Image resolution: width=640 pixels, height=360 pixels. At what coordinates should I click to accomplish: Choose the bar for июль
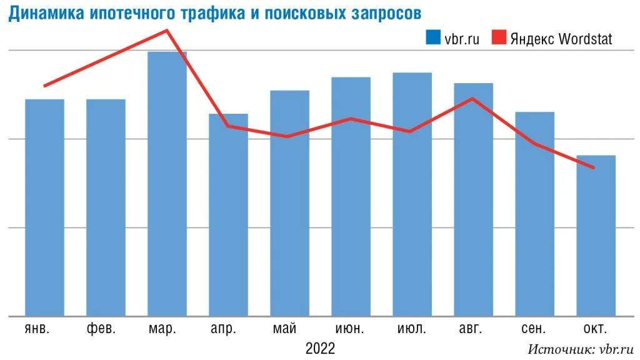412,194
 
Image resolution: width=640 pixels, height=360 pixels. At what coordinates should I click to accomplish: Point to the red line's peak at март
167,30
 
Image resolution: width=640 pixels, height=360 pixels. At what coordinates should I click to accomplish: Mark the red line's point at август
473,98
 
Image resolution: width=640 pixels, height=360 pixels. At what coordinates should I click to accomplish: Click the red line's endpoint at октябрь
594,167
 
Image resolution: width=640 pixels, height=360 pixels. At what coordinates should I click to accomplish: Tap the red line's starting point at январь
44,86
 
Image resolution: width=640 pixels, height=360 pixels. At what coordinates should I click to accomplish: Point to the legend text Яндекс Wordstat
561,38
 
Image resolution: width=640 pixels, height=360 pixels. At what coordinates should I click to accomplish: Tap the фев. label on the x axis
106,329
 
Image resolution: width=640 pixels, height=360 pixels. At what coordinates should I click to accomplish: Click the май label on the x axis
289,329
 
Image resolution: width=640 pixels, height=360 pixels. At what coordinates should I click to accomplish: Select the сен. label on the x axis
534,329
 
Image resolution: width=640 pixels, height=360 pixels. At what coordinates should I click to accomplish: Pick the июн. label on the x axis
351,329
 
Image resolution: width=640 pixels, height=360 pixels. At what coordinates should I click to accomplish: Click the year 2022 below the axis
320,347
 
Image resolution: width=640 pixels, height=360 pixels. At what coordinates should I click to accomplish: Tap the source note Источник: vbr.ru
581,349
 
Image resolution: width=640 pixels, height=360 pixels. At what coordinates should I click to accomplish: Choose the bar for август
473,199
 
